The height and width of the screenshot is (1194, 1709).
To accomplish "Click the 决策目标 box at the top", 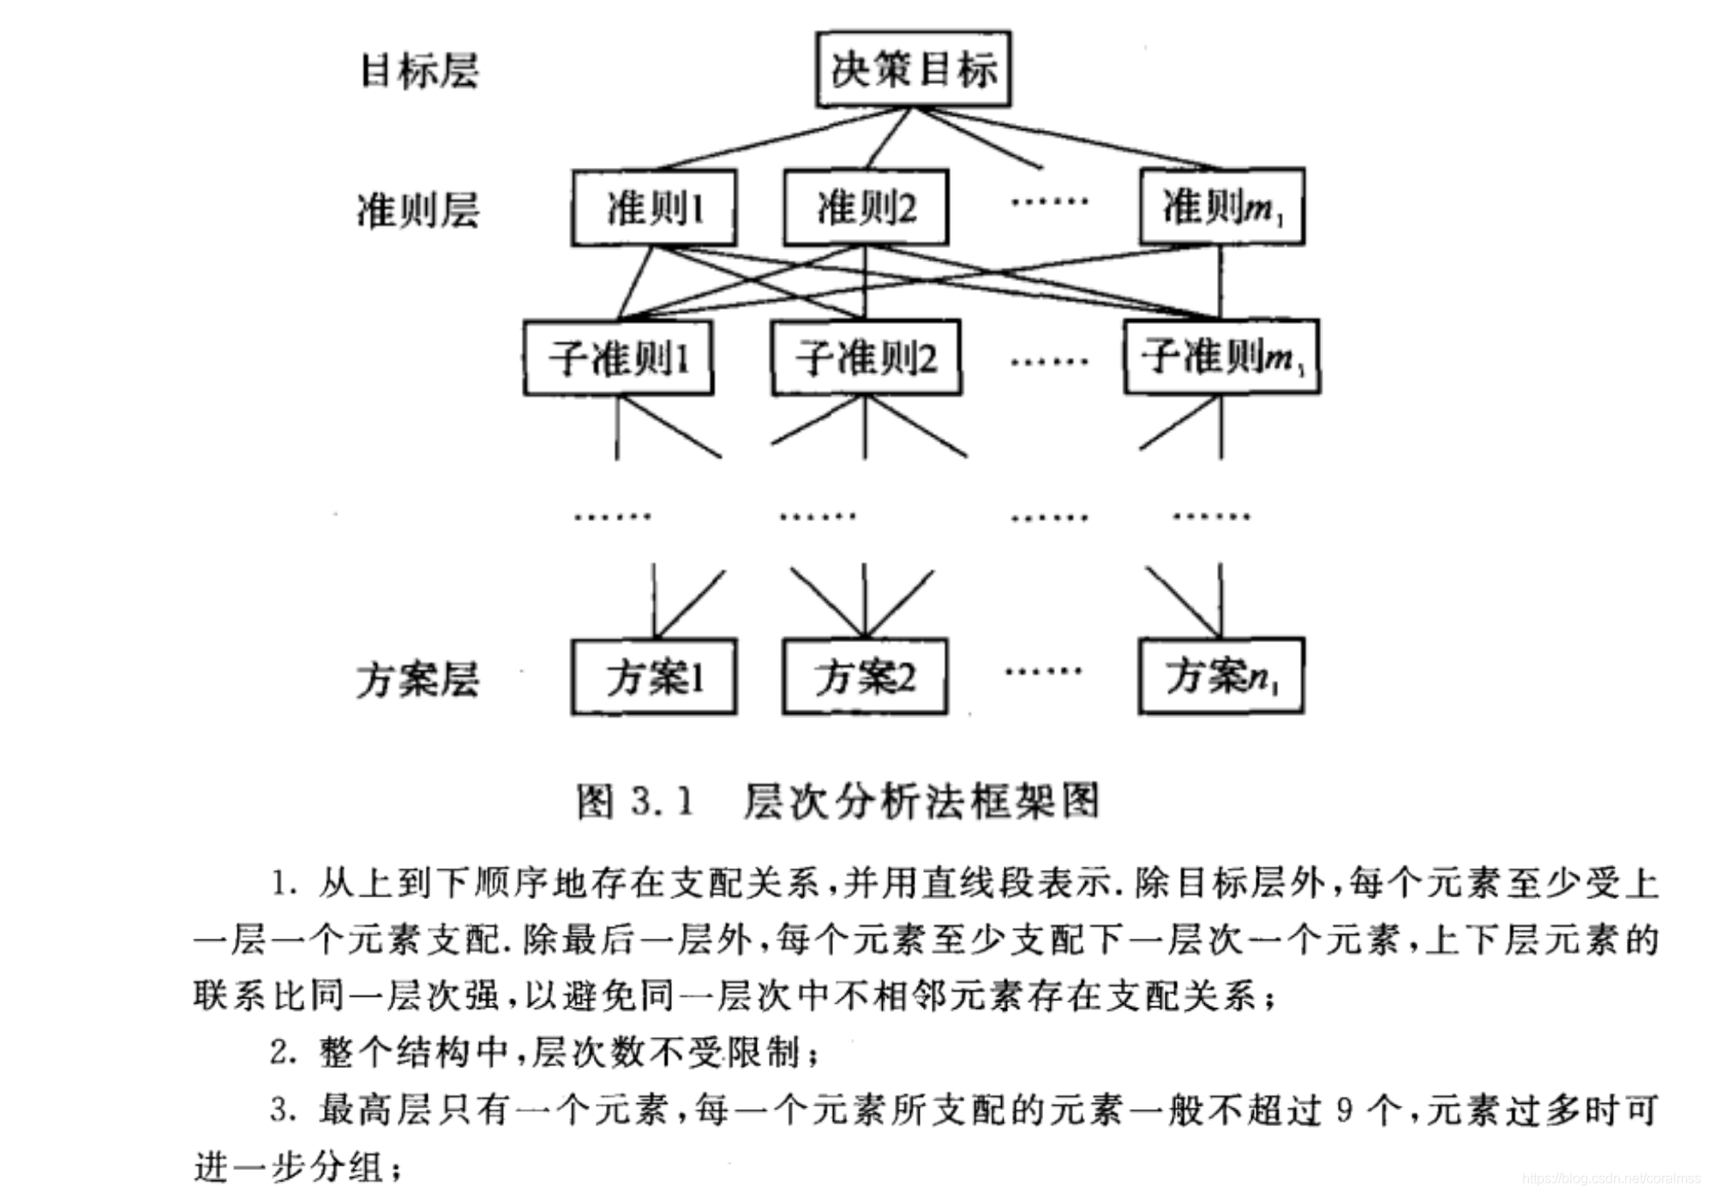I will point(913,69).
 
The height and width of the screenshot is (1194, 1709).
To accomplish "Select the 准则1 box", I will point(654,208).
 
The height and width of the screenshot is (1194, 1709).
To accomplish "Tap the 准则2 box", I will point(866,208).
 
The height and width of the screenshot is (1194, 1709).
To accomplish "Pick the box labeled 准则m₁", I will point(1221,207).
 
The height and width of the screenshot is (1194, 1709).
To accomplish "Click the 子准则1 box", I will point(618,358).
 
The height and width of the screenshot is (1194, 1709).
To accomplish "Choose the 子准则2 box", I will point(866,358).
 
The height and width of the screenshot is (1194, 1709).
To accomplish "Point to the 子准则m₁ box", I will point(1221,357).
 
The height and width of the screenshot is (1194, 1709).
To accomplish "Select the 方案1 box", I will point(654,677).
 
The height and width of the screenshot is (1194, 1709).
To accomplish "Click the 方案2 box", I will point(865,677).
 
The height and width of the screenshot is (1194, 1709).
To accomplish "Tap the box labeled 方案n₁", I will point(1221,676).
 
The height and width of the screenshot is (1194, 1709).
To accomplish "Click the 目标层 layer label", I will point(418,71).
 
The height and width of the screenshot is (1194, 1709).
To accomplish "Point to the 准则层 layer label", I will point(418,211).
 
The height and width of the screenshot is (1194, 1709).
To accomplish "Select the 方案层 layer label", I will point(418,680).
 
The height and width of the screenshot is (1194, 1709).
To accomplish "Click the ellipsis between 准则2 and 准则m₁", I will point(1049,202).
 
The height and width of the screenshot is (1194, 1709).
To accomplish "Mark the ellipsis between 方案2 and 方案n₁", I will point(1043,671).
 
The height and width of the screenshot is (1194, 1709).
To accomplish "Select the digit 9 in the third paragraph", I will point(1344,1111).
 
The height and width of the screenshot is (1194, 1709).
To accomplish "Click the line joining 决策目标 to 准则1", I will point(784,138).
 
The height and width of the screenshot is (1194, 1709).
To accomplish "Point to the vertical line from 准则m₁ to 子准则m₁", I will point(1220,283).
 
